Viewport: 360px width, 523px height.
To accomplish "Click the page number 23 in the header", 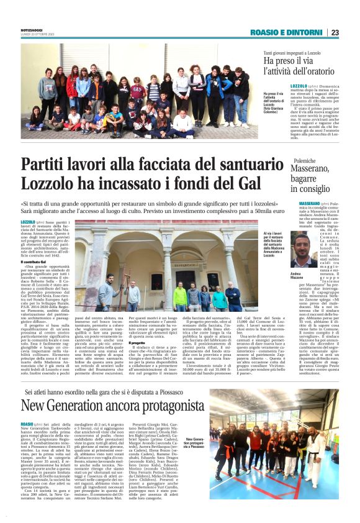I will [335, 32].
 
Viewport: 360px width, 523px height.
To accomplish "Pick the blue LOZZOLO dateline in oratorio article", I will [300, 86].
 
